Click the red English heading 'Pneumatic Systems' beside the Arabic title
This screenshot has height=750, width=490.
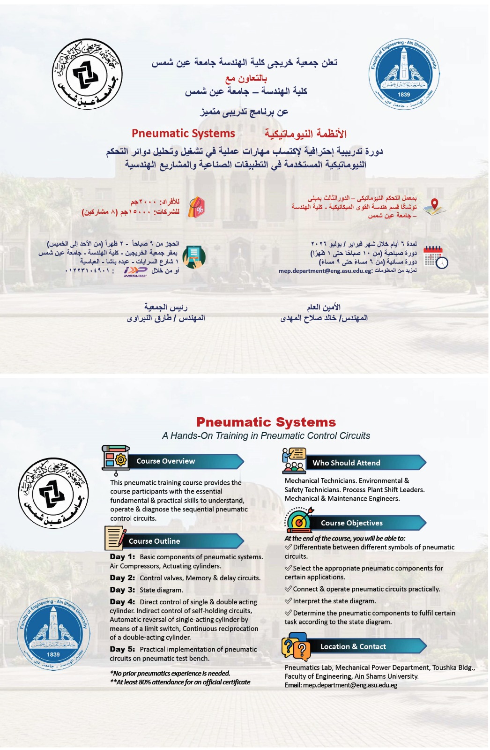coord(183,134)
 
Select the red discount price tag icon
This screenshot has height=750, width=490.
coord(197,207)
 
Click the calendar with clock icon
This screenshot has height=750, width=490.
coord(435,257)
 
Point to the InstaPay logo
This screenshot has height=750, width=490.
coord(135,271)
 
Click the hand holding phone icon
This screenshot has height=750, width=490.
coord(194,257)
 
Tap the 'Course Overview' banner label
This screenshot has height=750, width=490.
coord(166,461)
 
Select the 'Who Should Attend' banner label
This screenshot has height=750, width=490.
coord(346,463)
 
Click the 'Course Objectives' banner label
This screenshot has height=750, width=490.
coord(351,523)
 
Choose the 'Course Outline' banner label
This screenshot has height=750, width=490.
coord(154,541)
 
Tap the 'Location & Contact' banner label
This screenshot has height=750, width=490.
coord(353,647)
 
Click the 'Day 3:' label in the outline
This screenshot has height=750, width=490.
coord(122,590)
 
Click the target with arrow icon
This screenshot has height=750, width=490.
coord(299,520)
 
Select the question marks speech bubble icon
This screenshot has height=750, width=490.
coord(296,647)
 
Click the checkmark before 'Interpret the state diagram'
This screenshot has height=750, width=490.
coord(288,601)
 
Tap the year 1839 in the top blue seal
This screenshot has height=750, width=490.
coord(403,95)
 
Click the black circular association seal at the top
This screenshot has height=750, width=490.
coord(87,74)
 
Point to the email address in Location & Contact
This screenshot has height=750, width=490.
coord(350,685)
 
